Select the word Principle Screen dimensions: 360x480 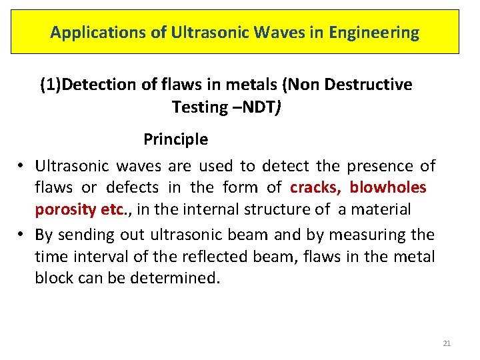176,140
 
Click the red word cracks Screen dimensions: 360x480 316,187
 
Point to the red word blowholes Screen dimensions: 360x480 388,187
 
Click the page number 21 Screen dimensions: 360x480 447,343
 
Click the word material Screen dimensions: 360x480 383,209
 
